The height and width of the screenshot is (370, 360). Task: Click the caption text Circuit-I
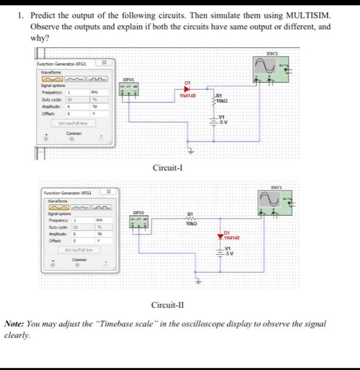[168, 168]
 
